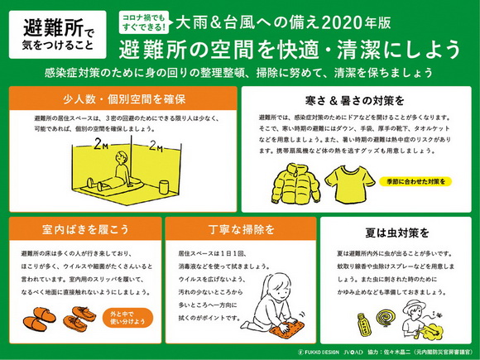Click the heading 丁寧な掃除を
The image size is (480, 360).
[x=241, y=228]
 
